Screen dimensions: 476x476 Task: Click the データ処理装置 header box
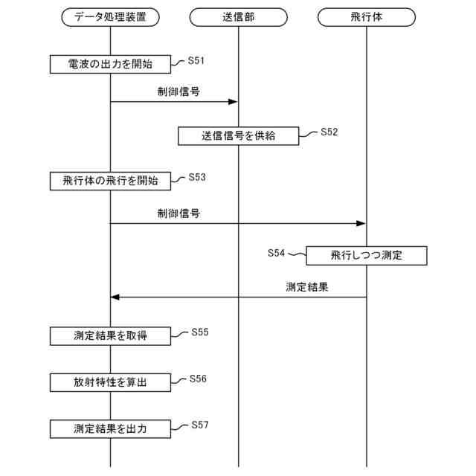coord(110,16)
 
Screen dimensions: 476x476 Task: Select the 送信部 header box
coord(238,16)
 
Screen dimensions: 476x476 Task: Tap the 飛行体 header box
coord(367,16)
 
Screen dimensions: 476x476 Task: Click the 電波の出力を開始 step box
coord(110,65)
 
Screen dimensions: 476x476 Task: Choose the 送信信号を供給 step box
coord(238,135)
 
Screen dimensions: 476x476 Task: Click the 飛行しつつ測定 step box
coord(366,256)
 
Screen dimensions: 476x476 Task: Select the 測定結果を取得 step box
coord(110,335)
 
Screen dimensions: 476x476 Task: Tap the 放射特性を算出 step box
coord(110,382)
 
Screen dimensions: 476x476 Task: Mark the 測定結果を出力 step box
coord(110,429)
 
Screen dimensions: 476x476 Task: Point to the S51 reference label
coord(196,60)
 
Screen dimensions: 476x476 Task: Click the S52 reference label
coord(329,132)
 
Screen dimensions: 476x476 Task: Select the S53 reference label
coord(197,177)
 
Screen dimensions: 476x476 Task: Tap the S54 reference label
coord(276,253)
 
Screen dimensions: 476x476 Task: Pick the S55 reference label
coord(200,332)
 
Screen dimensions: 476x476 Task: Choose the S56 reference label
coord(198,379)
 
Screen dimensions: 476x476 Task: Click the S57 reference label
coord(200,425)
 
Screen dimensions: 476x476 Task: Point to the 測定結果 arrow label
coord(307,287)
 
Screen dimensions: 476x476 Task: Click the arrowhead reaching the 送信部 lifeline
coord(233,102)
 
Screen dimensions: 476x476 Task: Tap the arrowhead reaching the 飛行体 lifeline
coord(361,223)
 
